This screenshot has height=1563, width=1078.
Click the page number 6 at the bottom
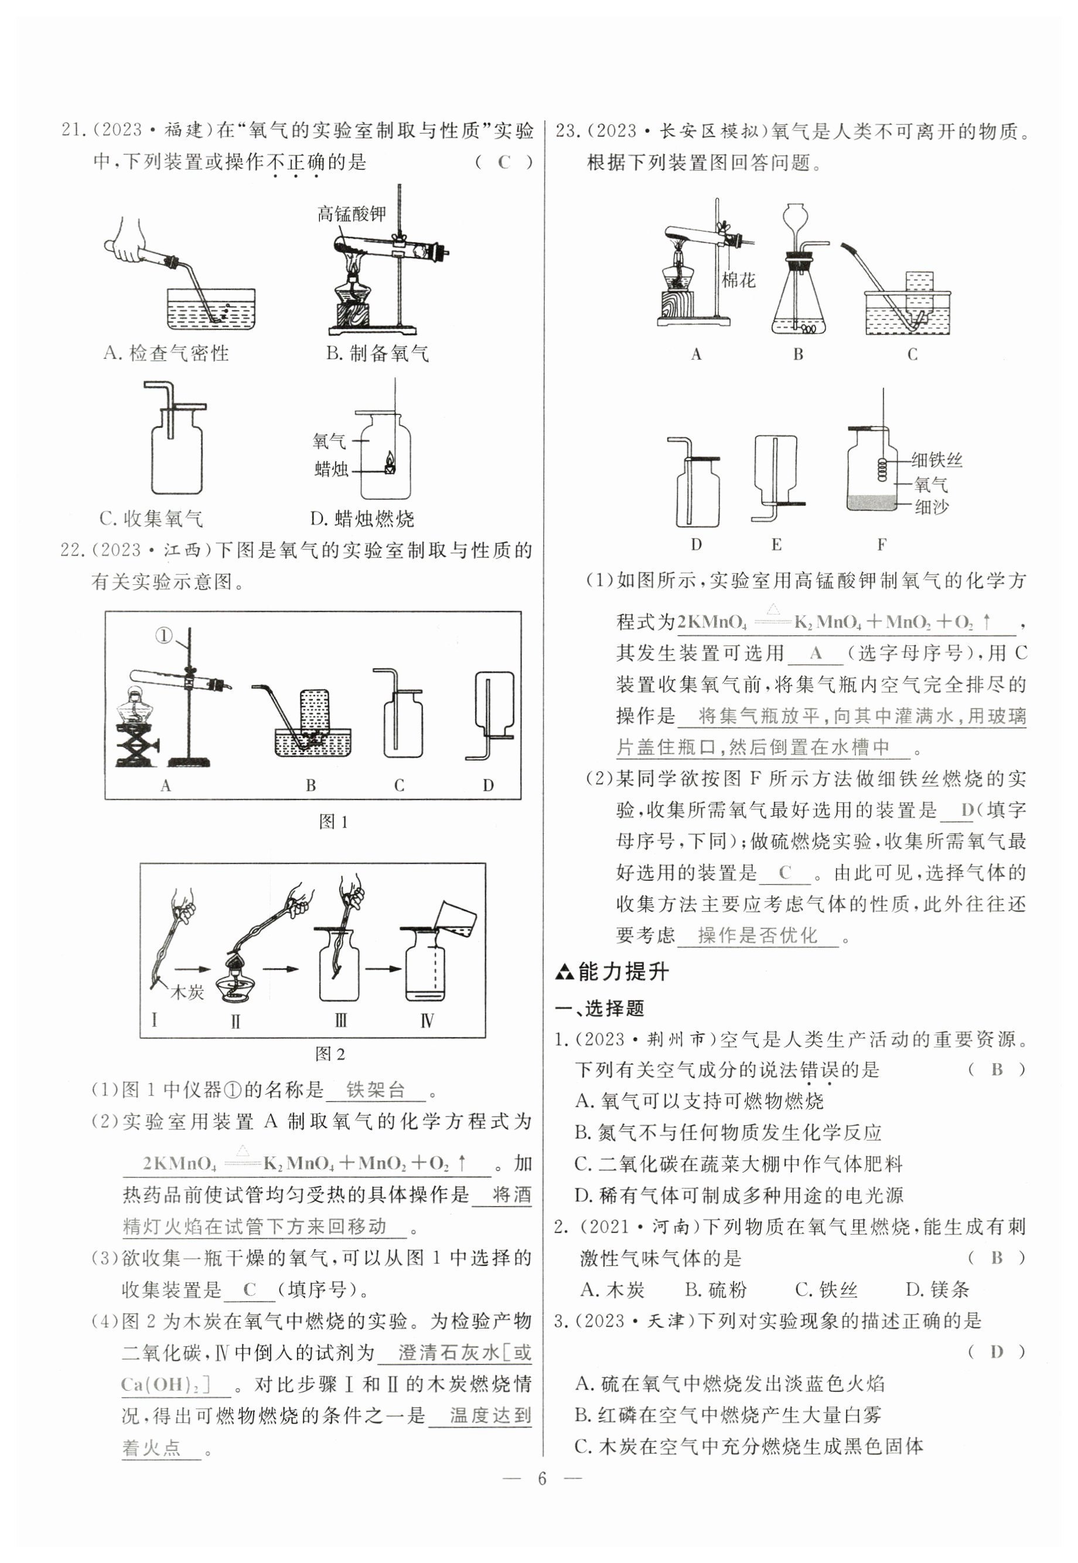(x=541, y=1479)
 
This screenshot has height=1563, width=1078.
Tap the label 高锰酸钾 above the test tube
(x=352, y=214)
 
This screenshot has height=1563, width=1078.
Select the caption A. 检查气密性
(x=166, y=353)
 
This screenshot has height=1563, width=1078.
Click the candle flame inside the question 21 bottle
(x=390, y=462)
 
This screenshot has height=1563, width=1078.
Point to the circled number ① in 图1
(x=164, y=636)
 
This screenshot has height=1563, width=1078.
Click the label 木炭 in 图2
(x=187, y=992)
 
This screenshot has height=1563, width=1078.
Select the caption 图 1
(x=333, y=822)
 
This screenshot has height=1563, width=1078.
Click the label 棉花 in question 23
(x=738, y=280)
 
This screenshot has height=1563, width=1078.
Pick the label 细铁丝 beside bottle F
(x=936, y=460)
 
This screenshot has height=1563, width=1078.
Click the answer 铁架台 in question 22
(x=375, y=1089)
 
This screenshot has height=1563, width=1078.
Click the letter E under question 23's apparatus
(x=776, y=544)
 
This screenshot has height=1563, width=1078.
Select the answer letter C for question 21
(x=504, y=162)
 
